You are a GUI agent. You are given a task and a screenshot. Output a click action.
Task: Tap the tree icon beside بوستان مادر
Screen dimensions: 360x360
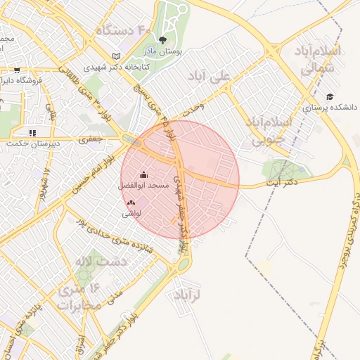tap(163, 40)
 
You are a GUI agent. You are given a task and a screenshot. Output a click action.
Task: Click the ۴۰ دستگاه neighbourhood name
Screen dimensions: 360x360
tap(125, 30)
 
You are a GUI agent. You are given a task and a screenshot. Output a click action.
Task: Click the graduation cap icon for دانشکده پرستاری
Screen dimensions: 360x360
tap(330, 97)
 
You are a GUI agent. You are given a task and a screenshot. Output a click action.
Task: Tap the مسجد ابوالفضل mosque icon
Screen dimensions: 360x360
tap(144, 174)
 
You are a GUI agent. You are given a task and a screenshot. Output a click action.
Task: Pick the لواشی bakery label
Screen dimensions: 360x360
tap(132, 212)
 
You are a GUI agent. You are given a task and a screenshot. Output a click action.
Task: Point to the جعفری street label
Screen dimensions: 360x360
tap(90, 140)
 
